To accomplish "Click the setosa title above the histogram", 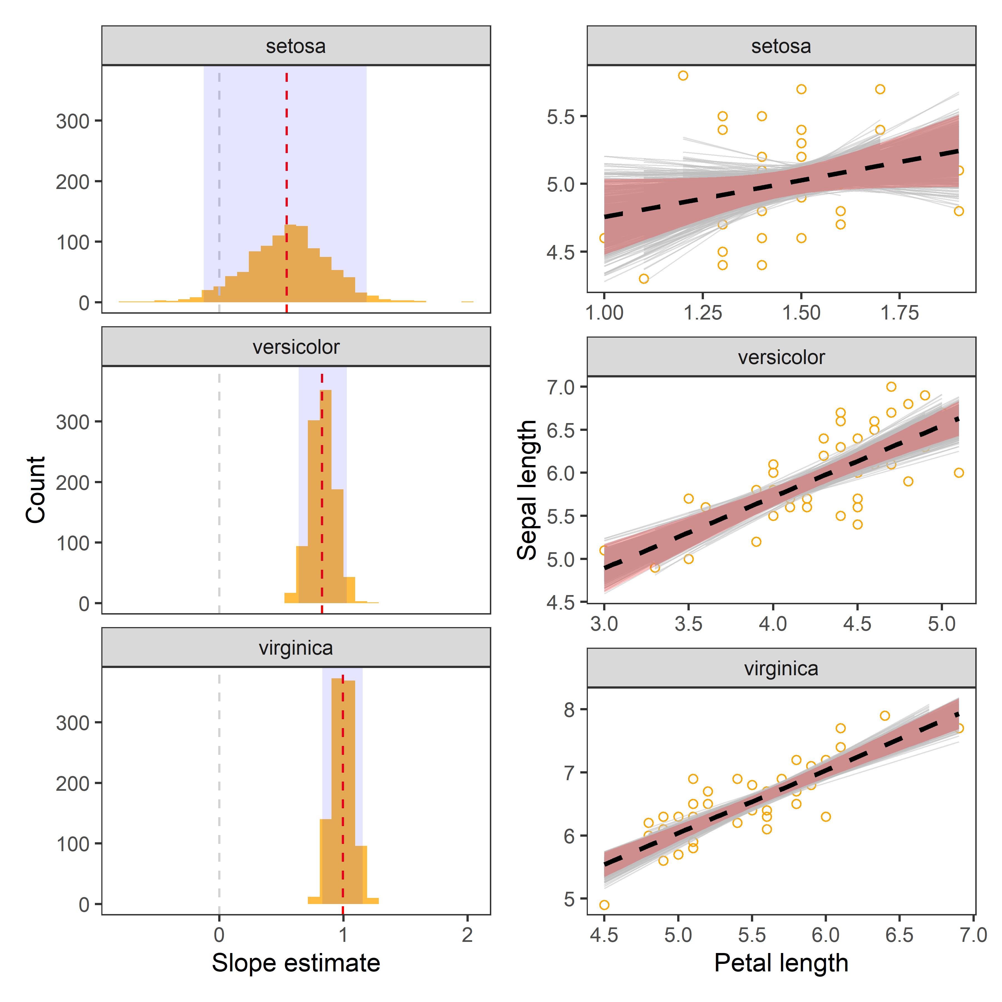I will click(296, 46).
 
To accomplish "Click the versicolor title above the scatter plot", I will click(781, 357).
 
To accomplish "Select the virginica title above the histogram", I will click(296, 648).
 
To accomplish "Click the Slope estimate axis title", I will click(296, 963).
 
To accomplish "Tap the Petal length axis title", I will click(781, 963).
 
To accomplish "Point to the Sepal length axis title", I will click(527, 490).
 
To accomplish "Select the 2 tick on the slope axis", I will click(467, 935).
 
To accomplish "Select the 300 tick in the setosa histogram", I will click(73, 121).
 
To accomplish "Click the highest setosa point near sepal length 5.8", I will click(683, 76).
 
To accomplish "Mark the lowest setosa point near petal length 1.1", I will click(644, 279).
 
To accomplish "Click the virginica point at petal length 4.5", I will click(604, 905).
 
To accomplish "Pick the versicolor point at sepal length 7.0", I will click(891, 387).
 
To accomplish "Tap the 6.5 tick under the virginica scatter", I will click(899, 935).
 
